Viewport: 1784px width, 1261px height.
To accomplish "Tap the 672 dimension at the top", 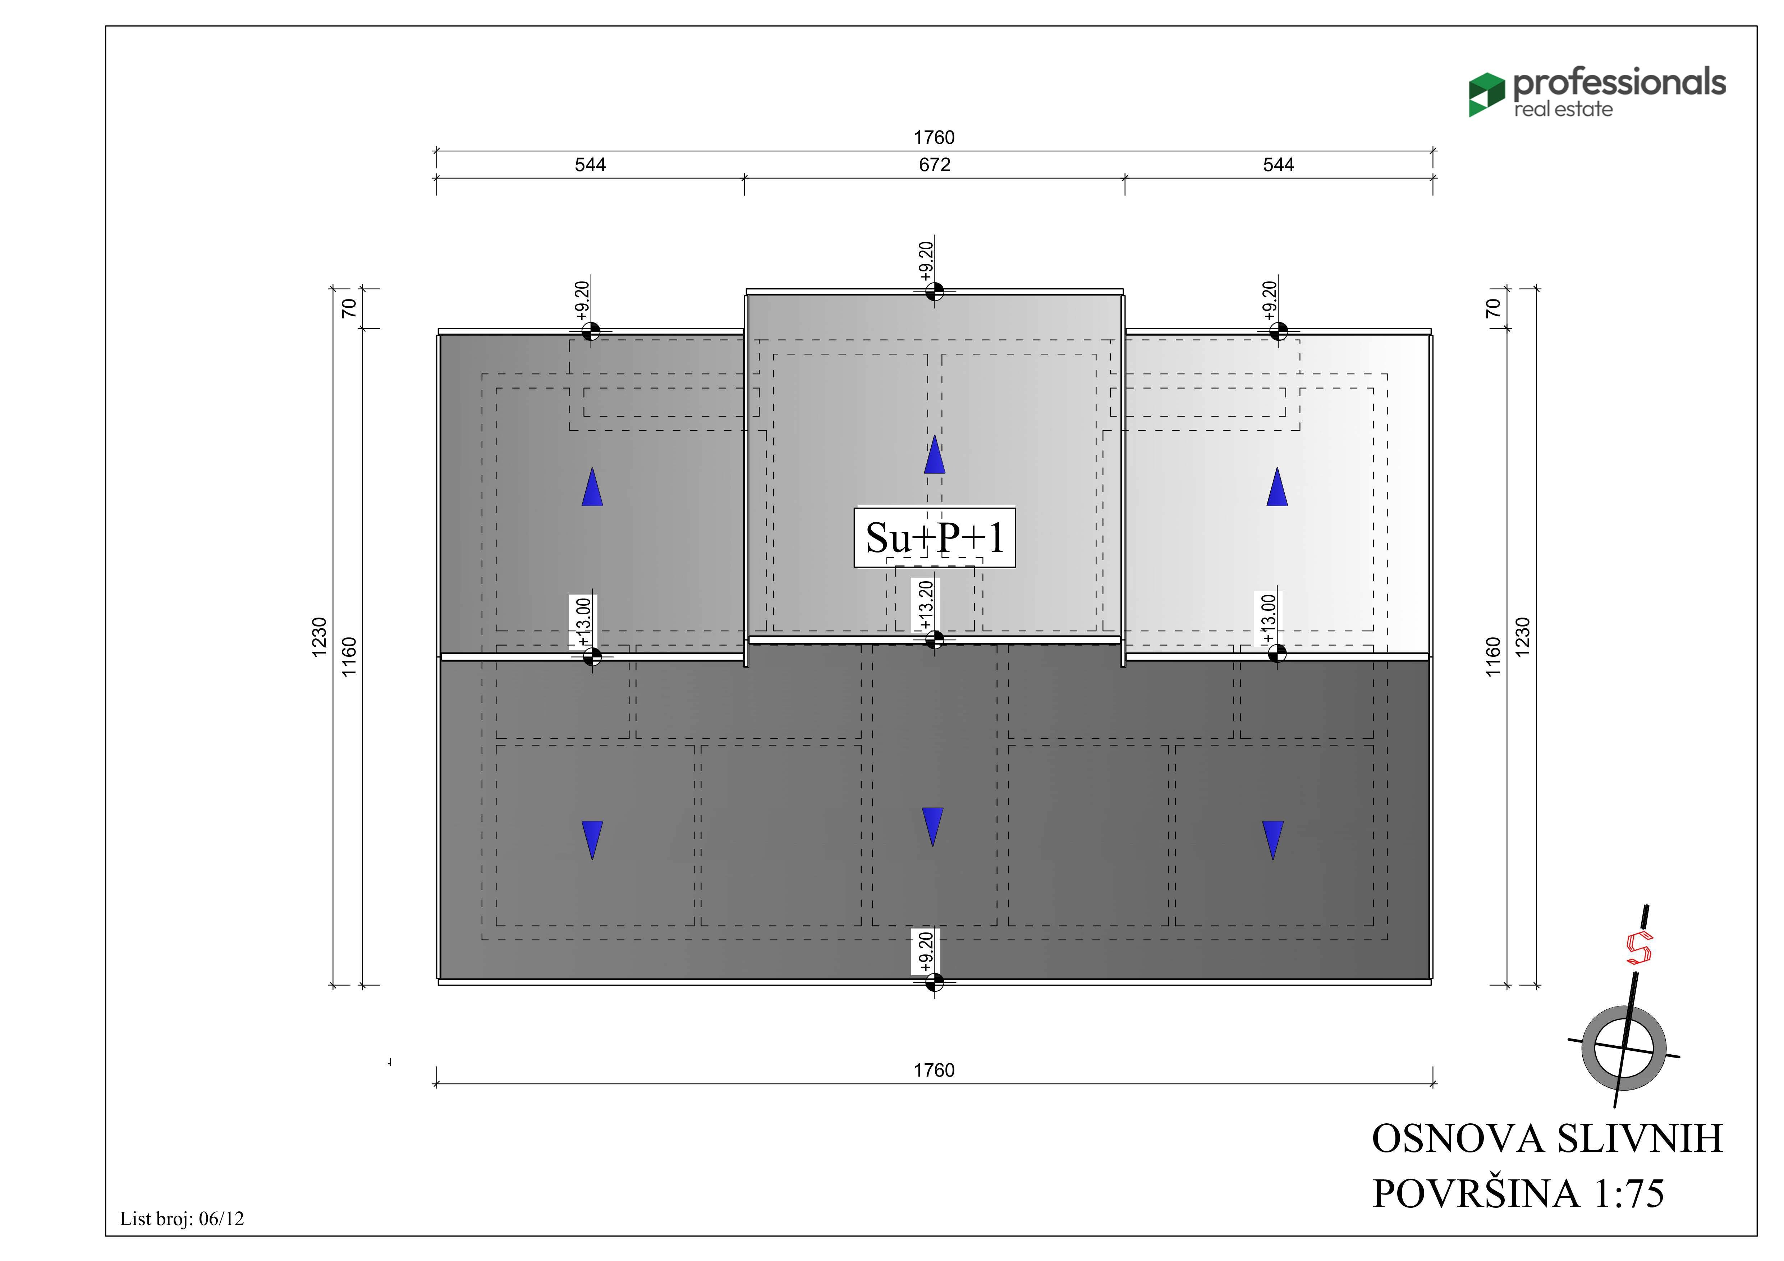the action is click(x=935, y=165).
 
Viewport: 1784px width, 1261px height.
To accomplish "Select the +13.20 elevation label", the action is click(x=925, y=605).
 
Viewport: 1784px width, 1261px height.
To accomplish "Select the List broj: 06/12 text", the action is click(x=182, y=1218).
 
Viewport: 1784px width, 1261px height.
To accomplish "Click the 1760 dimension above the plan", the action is click(x=934, y=138).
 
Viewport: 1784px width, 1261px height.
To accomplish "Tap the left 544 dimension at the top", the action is click(x=591, y=165).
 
